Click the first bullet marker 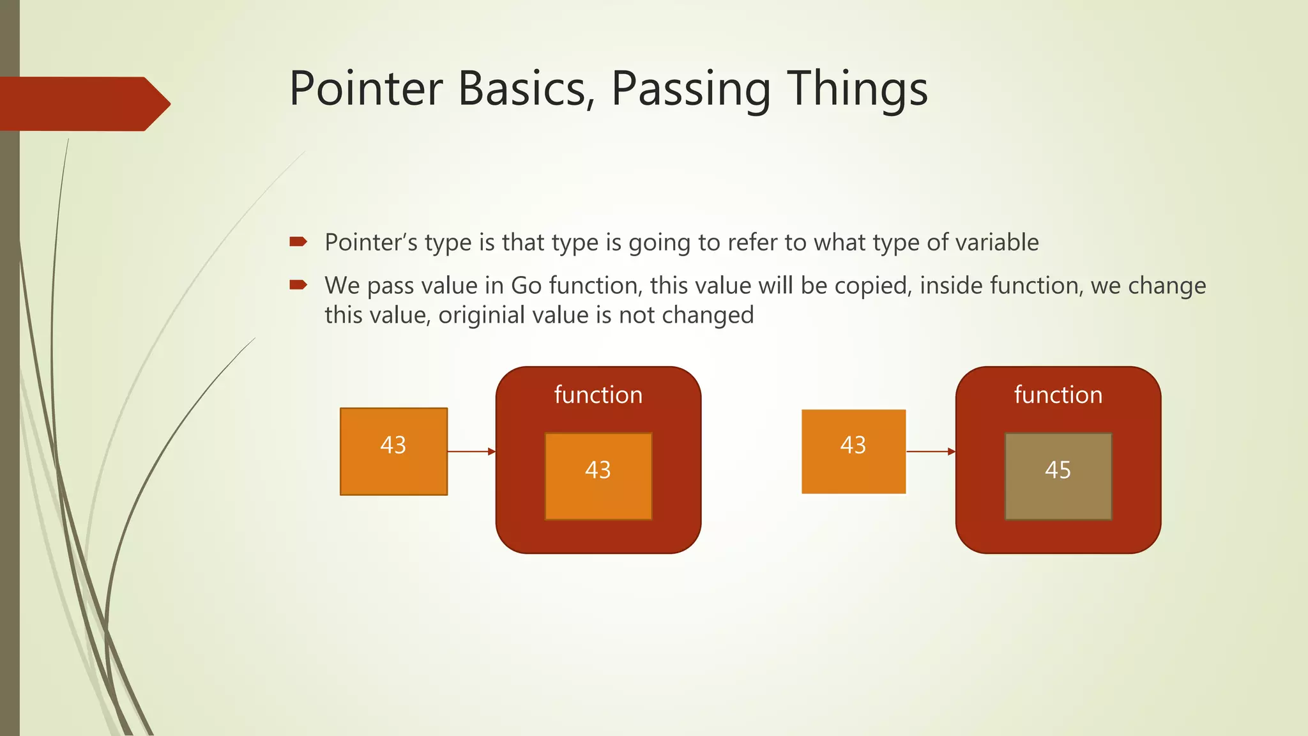pyautogui.click(x=298, y=241)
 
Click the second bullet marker pyautogui.click(x=298, y=284)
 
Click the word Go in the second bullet pyautogui.click(x=526, y=286)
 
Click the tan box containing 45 pyautogui.click(x=1058, y=476)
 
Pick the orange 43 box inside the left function pyautogui.click(x=598, y=476)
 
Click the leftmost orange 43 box pyautogui.click(x=393, y=451)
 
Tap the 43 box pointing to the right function pyautogui.click(x=853, y=451)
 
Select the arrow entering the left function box pyautogui.click(x=471, y=452)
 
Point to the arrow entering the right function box pyautogui.click(x=931, y=452)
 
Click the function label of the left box pyautogui.click(x=598, y=395)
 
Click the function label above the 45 pyautogui.click(x=1058, y=395)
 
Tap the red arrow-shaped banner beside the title pyautogui.click(x=83, y=103)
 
